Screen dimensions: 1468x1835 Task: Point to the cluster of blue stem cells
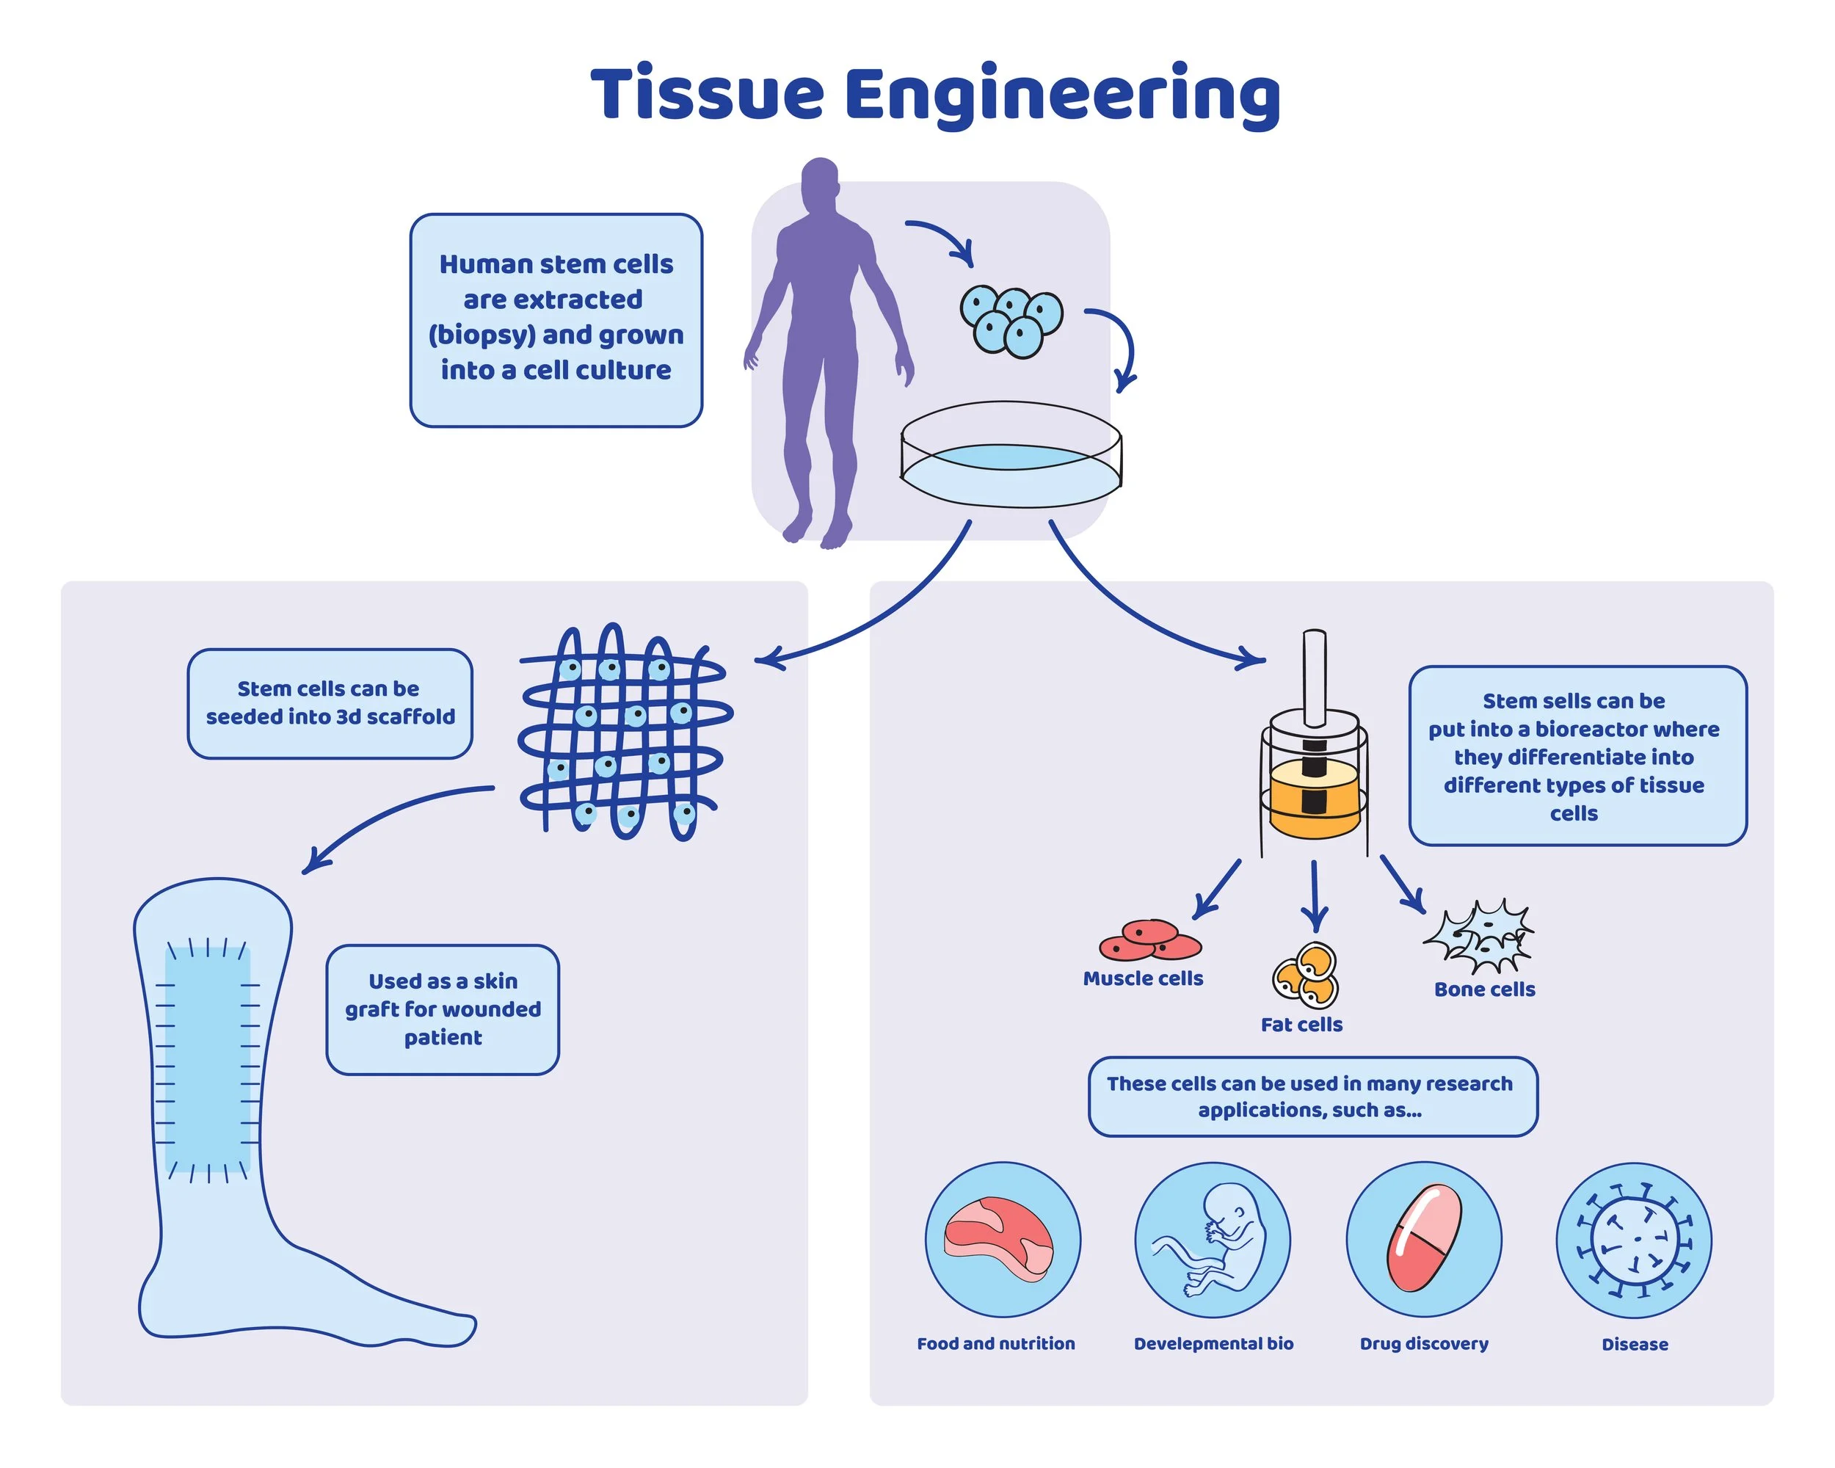click(x=1011, y=321)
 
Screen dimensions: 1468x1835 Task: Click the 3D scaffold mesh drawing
click(x=625, y=732)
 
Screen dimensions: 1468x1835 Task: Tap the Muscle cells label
click(x=1143, y=978)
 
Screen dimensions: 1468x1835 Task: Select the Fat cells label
click(x=1301, y=1025)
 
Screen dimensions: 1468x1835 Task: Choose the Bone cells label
click(x=1484, y=989)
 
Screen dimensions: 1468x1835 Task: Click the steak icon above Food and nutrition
click(x=998, y=1238)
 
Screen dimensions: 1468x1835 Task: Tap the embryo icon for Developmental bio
click(x=1213, y=1238)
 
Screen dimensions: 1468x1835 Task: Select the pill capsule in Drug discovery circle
click(x=1423, y=1238)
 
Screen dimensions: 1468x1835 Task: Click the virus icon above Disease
click(x=1633, y=1239)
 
